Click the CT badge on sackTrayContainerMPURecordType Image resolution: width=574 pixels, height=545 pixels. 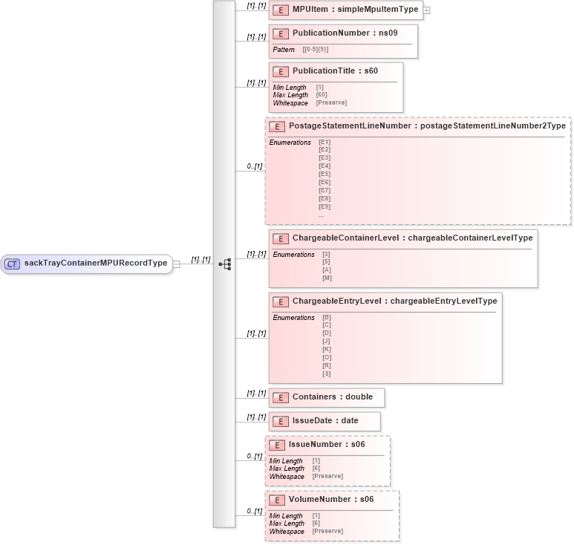[x=12, y=263]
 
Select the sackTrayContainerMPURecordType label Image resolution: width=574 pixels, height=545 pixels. [x=96, y=263]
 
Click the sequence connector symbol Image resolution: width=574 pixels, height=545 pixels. [x=224, y=264]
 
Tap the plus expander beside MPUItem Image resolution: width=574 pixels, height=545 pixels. [x=427, y=10]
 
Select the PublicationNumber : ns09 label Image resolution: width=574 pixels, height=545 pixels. [x=341, y=33]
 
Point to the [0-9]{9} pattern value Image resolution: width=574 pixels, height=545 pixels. [x=316, y=50]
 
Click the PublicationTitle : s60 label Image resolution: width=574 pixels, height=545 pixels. [x=335, y=71]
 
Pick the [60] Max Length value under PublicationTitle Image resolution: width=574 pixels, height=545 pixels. [x=322, y=95]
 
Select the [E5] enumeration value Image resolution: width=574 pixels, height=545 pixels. [x=324, y=174]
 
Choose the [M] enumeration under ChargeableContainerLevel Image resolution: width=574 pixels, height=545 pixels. [x=327, y=278]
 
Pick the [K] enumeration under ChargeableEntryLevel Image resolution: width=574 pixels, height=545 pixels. [x=327, y=349]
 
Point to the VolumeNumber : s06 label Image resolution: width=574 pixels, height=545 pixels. [x=330, y=500]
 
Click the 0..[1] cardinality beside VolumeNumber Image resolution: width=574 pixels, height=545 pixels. [x=254, y=511]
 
